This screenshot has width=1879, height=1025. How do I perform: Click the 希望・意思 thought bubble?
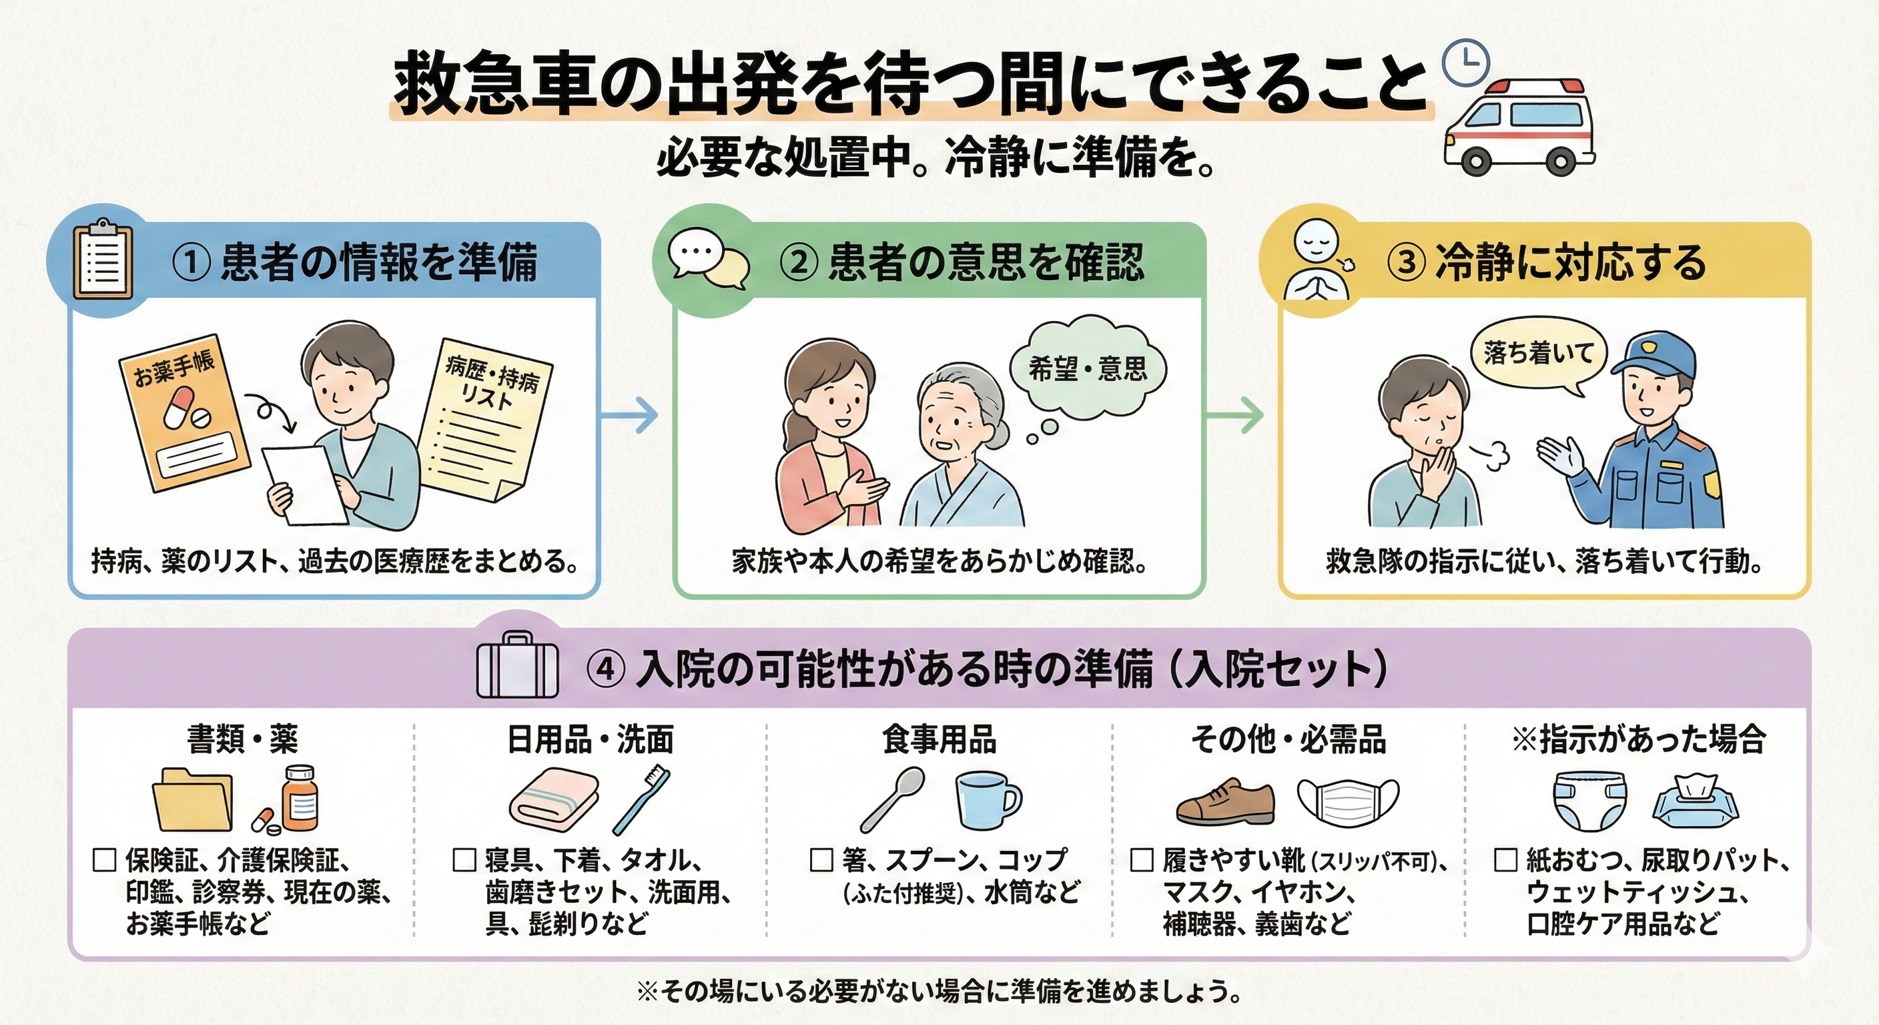click(1088, 369)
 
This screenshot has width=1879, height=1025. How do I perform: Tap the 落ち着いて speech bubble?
click(1538, 355)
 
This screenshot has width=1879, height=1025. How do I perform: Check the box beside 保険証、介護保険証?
click(105, 860)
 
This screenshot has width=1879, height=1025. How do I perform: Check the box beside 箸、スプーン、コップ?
click(821, 860)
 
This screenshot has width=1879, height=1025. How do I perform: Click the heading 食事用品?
click(939, 739)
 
